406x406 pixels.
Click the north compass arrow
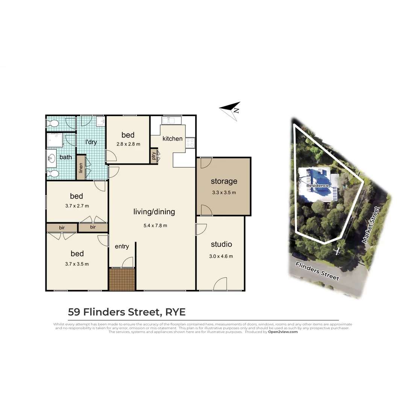[230, 110]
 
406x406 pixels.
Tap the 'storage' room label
[224, 181]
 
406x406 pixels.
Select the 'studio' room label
[221, 244]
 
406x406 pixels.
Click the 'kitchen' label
[172, 139]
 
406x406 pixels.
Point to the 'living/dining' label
[154, 212]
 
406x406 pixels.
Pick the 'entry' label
[122, 247]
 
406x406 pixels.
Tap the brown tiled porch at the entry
[122, 279]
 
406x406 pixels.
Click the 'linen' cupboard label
[81, 167]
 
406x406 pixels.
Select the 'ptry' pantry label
[154, 156]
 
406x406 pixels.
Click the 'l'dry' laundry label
[91, 142]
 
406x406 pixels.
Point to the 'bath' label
[65, 157]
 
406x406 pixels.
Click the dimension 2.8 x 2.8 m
[128, 144]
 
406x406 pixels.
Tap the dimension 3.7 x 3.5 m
[77, 264]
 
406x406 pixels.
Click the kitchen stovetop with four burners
[190, 142]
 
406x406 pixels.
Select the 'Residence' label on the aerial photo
[317, 186]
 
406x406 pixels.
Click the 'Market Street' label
[371, 224]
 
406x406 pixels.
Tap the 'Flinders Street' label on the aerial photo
[317, 271]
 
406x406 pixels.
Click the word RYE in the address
[175, 312]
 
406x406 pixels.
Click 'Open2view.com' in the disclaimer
[283, 332]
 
